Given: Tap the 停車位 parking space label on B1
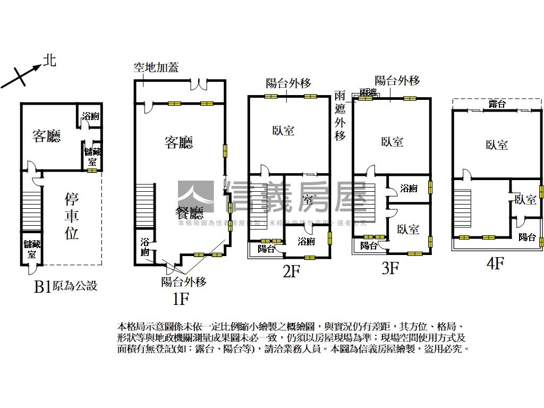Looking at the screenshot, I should [x=72, y=216].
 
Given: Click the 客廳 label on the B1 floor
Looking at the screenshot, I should [x=47, y=137].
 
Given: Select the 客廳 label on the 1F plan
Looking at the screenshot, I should [x=178, y=142].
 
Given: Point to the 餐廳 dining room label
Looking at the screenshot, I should [x=190, y=214].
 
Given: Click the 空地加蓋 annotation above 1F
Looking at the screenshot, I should [x=156, y=67].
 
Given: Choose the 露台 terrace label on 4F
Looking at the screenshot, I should [x=497, y=104].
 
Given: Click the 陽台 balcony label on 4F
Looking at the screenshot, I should [x=527, y=237].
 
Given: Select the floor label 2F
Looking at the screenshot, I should [x=292, y=271].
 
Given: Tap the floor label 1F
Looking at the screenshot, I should [x=181, y=299].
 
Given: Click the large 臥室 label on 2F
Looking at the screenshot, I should [x=283, y=131].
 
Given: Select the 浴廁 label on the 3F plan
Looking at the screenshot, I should [x=409, y=188].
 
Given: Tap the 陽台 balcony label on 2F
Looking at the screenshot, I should [x=267, y=249].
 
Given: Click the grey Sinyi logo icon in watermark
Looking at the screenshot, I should [x=195, y=197].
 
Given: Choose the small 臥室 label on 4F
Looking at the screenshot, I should [x=525, y=200].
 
